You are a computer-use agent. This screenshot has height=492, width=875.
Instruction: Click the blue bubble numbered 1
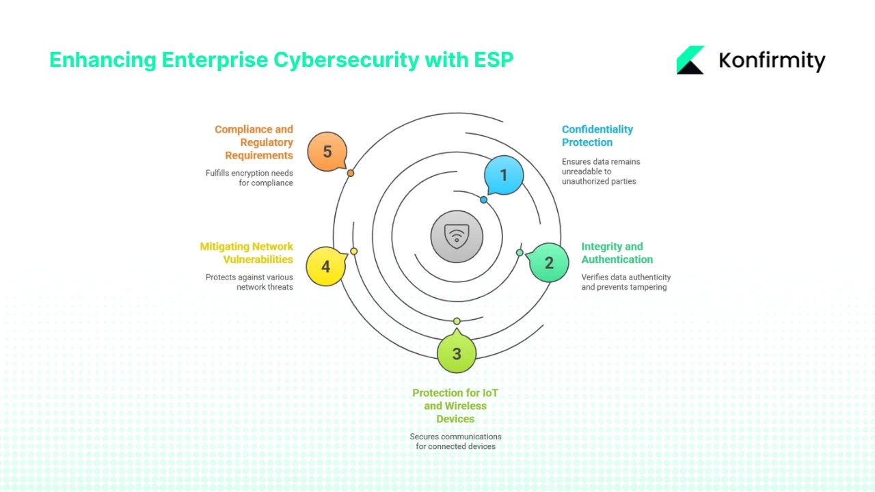[504, 176]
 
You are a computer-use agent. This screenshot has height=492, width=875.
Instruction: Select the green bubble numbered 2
[549, 262]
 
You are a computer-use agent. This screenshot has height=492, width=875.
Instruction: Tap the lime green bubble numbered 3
[457, 354]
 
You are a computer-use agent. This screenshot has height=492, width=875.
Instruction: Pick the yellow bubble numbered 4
[325, 266]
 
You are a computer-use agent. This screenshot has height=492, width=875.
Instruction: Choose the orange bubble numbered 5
[327, 152]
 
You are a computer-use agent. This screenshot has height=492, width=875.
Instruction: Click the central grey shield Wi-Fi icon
[457, 236]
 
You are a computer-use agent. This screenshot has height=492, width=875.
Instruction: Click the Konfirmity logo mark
[690, 60]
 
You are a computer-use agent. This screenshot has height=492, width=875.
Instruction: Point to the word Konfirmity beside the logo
[772, 61]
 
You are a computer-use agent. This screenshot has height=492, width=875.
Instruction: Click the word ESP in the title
[493, 60]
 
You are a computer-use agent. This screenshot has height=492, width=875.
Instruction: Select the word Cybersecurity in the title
[346, 60]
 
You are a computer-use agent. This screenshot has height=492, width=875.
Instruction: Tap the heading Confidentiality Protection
[597, 136]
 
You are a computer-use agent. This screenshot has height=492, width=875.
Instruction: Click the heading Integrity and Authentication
[617, 253]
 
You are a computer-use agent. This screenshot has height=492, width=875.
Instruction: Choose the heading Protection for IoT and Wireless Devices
[455, 406]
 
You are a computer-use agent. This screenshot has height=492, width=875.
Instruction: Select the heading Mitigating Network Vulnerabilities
[246, 253]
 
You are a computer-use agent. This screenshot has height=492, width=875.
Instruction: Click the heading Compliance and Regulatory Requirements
[254, 142]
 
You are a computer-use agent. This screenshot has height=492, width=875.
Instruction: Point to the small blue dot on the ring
[484, 200]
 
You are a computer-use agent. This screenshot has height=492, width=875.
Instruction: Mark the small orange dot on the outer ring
[351, 174]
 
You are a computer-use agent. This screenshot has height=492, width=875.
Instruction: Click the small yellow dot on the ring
[354, 251]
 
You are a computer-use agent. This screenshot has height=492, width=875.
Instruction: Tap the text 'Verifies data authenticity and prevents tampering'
[625, 282]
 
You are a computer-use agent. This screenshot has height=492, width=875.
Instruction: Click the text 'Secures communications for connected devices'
[455, 441]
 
